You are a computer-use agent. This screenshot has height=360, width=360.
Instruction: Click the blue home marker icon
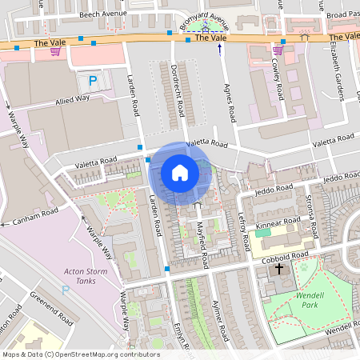click(x=180, y=173)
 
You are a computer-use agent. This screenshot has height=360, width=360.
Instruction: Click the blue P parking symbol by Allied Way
click(x=92, y=81)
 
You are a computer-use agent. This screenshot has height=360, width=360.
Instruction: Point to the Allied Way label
click(x=73, y=100)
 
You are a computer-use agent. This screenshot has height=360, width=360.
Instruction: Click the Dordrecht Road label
click(x=179, y=86)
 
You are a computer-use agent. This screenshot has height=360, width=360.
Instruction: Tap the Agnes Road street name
click(x=230, y=102)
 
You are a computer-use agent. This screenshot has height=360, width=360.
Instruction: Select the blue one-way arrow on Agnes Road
click(x=220, y=50)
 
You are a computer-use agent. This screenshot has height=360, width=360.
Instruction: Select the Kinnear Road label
click(x=276, y=226)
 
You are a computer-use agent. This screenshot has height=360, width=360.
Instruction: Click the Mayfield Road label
click(x=201, y=246)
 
